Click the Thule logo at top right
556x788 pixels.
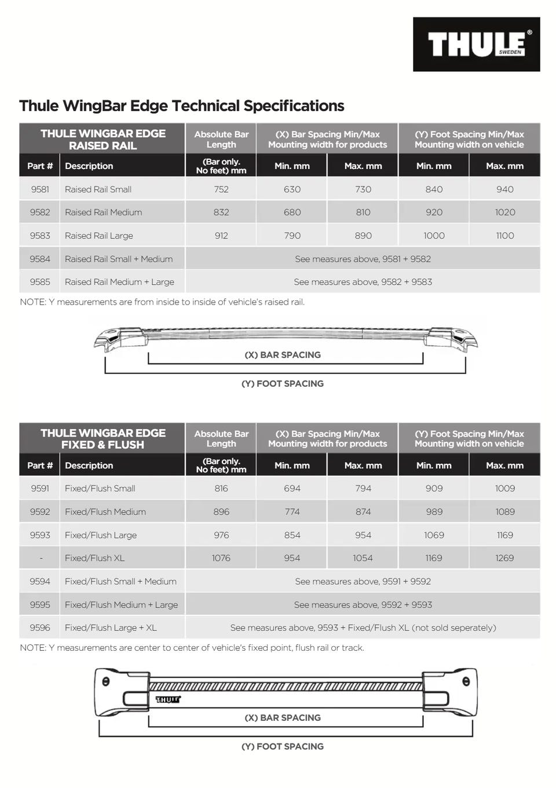click(476, 45)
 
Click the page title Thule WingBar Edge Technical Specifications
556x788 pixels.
click(181, 106)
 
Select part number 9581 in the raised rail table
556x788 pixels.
click(40, 189)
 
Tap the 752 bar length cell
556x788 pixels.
click(221, 189)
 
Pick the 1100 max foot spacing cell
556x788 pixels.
click(504, 236)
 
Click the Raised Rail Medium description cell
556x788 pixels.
click(103, 212)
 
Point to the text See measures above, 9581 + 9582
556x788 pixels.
click(363, 259)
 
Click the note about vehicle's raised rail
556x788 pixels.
click(162, 302)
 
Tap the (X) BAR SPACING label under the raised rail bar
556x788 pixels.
click(283, 355)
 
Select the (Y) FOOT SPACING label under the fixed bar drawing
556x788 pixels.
click(283, 746)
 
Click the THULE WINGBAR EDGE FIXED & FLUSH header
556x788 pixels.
click(103, 439)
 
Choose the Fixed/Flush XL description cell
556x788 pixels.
click(94, 558)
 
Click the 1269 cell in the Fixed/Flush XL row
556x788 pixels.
click(504, 558)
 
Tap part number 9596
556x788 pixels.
click(40, 628)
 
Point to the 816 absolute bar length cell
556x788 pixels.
click(221, 489)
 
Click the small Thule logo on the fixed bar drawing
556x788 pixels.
click(168, 699)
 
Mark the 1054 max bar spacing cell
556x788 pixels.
click(363, 558)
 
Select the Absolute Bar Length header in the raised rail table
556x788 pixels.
click(221, 139)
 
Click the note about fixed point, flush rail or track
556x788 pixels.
click(192, 648)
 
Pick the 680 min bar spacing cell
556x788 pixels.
click(292, 212)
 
